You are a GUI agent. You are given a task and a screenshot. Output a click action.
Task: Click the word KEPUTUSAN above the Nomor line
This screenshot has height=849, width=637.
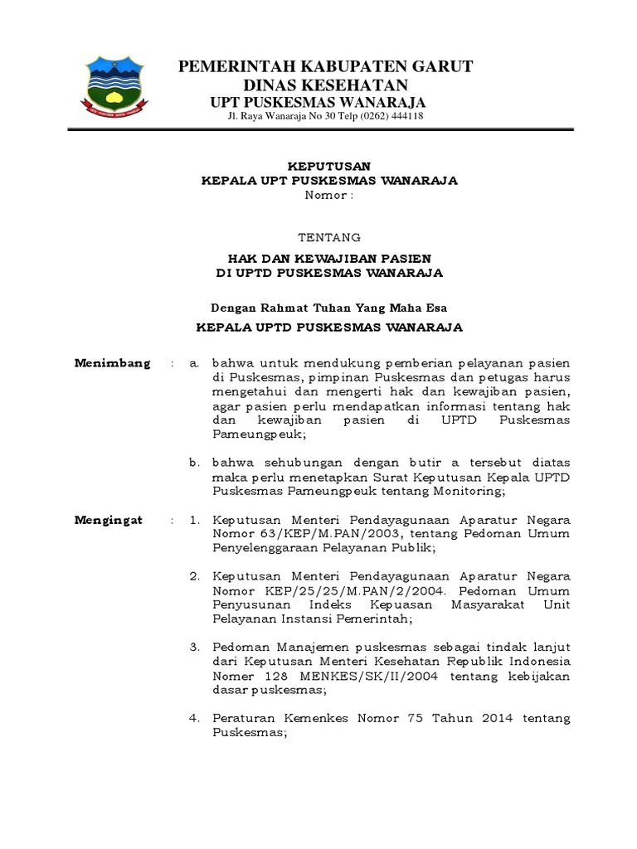[x=329, y=166]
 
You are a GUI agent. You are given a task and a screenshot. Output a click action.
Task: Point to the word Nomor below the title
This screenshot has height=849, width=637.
[x=326, y=195]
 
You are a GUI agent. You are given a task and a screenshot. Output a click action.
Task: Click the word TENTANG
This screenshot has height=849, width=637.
[x=329, y=236]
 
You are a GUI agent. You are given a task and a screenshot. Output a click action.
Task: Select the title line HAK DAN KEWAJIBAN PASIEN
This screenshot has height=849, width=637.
[x=329, y=259]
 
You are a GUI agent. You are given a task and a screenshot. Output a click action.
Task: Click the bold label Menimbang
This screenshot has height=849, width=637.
[x=113, y=363]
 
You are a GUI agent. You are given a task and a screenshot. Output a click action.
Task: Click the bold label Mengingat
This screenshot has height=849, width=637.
[x=109, y=520]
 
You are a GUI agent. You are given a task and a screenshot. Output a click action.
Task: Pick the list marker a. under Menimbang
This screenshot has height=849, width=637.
[x=195, y=364]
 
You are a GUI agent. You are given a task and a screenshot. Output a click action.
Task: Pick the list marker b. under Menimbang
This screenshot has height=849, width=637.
[x=195, y=462]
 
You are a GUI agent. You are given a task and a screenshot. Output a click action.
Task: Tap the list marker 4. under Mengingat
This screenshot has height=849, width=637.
[x=195, y=718]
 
